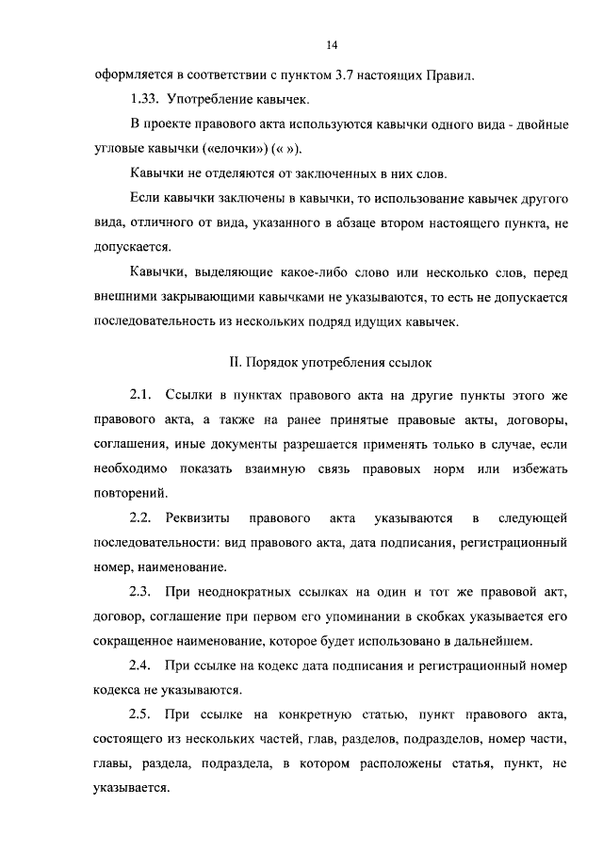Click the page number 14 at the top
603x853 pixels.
click(x=333, y=44)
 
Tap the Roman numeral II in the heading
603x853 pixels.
click(x=236, y=361)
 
